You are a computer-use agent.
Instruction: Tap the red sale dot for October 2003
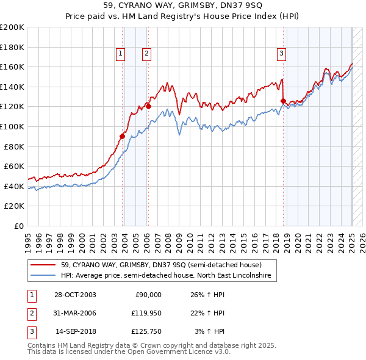(x=123, y=136)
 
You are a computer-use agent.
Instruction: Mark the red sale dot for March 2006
(x=148, y=106)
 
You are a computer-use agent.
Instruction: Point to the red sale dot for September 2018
(x=283, y=101)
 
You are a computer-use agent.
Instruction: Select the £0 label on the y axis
(x=18, y=226)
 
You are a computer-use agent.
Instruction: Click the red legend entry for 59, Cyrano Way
(x=161, y=265)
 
